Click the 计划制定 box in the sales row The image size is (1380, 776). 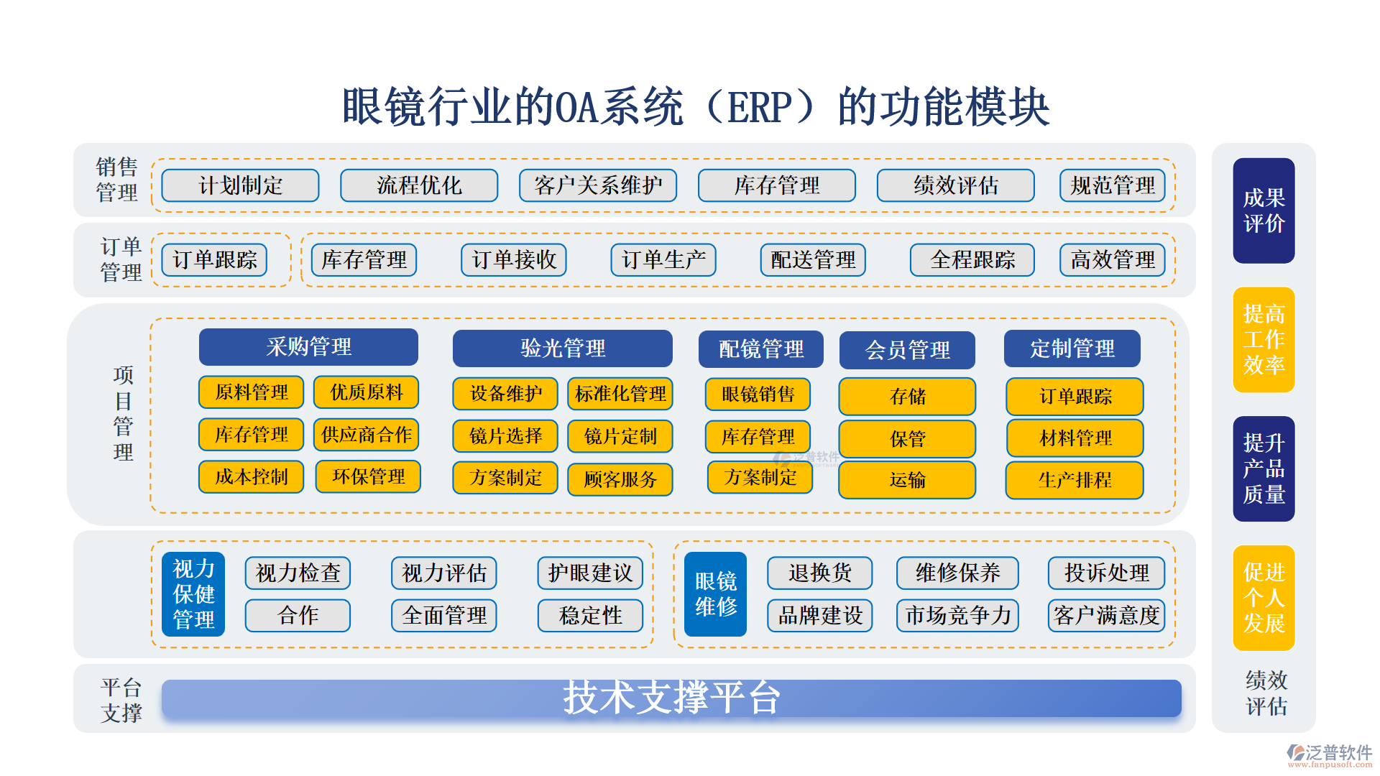(240, 185)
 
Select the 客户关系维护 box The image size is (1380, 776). (597, 185)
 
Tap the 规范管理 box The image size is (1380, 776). (1112, 185)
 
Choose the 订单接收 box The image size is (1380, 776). (513, 259)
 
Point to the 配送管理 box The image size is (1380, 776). (813, 259)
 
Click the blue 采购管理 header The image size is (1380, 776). (308, 347)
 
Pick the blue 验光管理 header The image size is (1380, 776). (562, 348)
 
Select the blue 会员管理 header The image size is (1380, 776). (907, 350)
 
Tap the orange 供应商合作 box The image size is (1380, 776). (367, 435)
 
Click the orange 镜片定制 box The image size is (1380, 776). (620, 436)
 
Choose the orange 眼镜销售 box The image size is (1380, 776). (758, 394)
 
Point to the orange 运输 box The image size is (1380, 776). (907, 479)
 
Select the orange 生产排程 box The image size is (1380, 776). (1075, 479)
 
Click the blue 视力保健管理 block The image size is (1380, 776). (193, 594)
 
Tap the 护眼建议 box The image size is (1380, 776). (590, 573)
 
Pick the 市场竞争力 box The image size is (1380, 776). (957, 616)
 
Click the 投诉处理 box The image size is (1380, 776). (1106, 573)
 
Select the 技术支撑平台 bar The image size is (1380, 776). (671, 698)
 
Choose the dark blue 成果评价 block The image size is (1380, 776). (1264, 211)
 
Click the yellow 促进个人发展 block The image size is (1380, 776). (1264, 598)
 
